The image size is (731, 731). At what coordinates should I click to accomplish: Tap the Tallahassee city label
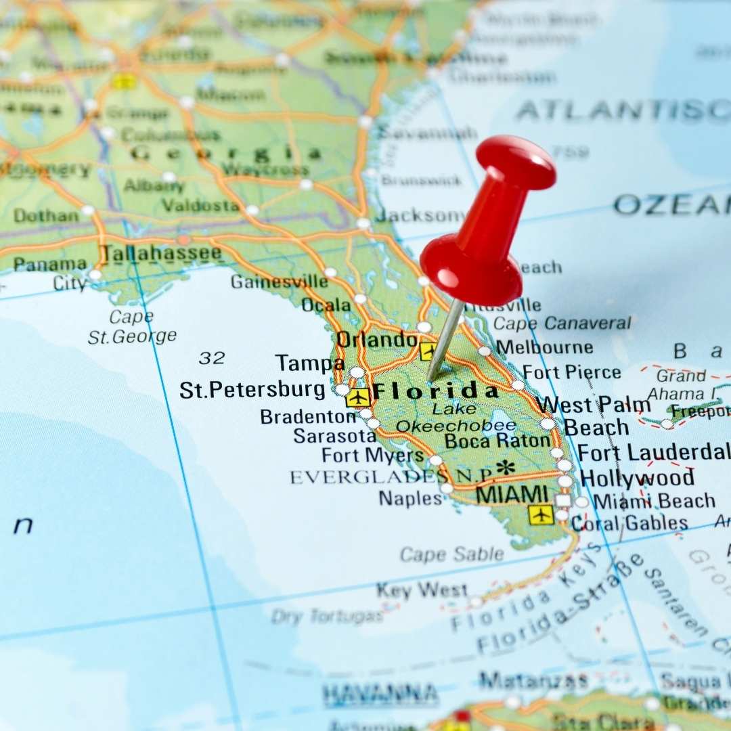coord(161,254)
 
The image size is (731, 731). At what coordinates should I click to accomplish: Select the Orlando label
coord(376,339)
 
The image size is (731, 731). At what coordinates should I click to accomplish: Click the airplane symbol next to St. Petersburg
coord(357,397)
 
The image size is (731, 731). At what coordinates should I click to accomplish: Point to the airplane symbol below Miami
coord(541,514)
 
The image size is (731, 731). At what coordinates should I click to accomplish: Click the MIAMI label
coord(512,494)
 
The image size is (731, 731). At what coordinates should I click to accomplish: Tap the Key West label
coord(422,590)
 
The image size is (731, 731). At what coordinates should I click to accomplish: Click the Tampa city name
coord(310,363)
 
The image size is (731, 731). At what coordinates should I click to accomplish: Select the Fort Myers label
coord(372,456)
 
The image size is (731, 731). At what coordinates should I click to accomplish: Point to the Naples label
coord(409,498)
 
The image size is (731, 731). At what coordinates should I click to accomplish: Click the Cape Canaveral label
coord(562,324)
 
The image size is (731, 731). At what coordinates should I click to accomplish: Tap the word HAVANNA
coord(380,694)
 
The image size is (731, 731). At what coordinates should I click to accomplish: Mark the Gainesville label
coord(279,281)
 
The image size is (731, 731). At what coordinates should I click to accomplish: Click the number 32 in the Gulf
coord(212,357)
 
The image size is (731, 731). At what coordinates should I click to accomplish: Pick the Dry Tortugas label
coord(328,616)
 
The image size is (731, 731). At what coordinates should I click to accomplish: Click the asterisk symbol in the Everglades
coord(505,467)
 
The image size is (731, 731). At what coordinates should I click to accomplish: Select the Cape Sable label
coord(451,554)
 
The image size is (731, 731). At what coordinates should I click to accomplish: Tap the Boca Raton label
coord(497,441)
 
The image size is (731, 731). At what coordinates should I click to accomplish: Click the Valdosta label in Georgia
coord(200,205)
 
